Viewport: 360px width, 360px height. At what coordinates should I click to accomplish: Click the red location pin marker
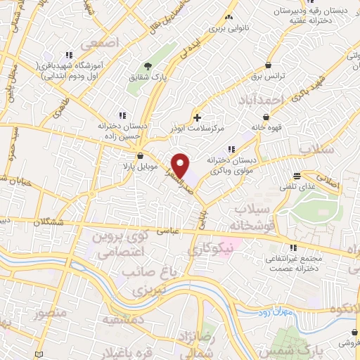point(181,166)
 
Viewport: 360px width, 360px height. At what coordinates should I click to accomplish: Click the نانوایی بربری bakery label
point(210,31)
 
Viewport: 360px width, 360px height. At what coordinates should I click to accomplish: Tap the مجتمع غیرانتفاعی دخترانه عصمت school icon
point(293,247)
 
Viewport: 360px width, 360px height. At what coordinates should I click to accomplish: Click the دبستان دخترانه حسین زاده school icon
point(123,115)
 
